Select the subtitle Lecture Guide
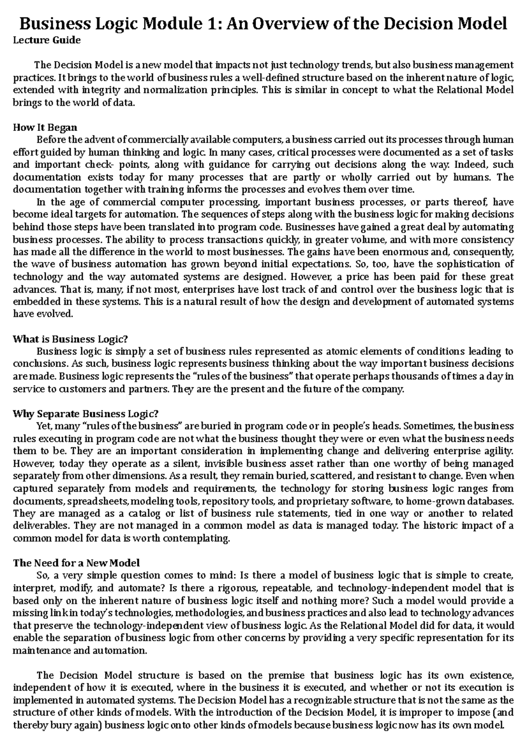(47, 40)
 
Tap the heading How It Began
(45, 127)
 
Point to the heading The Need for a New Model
(76, 563)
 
